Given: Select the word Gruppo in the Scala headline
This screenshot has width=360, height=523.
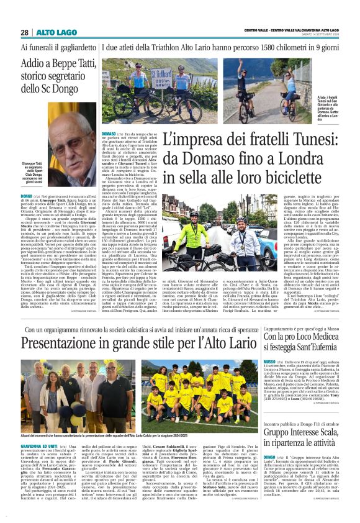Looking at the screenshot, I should point(280,415).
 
